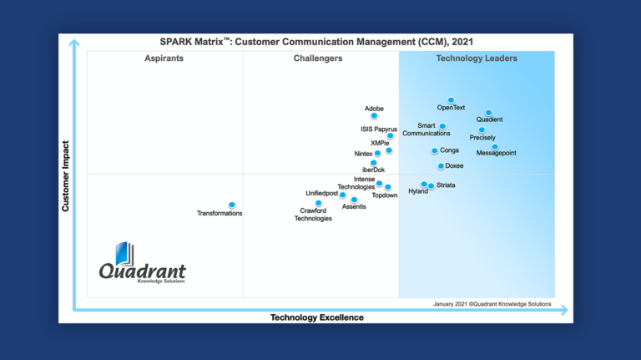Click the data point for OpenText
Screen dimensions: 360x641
(x=451, y=99)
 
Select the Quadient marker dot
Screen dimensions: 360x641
(x=489, y=113)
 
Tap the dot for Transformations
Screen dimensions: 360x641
(x=231, y=205)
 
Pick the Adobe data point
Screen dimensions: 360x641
(x=374, y=116)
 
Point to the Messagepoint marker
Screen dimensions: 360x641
(x=495, y=146)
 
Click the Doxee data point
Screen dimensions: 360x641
(x=441, y=165)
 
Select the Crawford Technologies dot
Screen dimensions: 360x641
(x=318, y=202)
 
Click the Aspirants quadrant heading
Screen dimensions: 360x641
(x=164, y=58)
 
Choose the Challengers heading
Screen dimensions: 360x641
(x=318, y=58)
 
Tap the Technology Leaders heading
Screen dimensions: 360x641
(x=477, y=58)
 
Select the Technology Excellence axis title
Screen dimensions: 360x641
(x=317, y=317)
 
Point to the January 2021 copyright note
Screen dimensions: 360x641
(x=492, y=304)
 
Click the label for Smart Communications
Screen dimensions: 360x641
(x=420, y=129)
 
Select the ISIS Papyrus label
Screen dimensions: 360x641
(x=379, y=129)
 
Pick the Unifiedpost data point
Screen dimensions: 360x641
(x=342, y=195)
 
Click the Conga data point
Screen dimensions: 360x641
(x=434, y=151)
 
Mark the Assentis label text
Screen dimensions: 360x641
(x=354, y=206)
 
